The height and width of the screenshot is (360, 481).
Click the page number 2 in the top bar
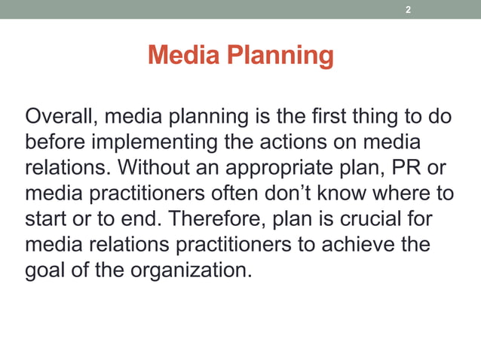click(x=408, y=10)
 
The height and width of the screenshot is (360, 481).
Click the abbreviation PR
click(x=417, y=168)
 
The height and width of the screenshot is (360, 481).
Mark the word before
click(x=59, y=142)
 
